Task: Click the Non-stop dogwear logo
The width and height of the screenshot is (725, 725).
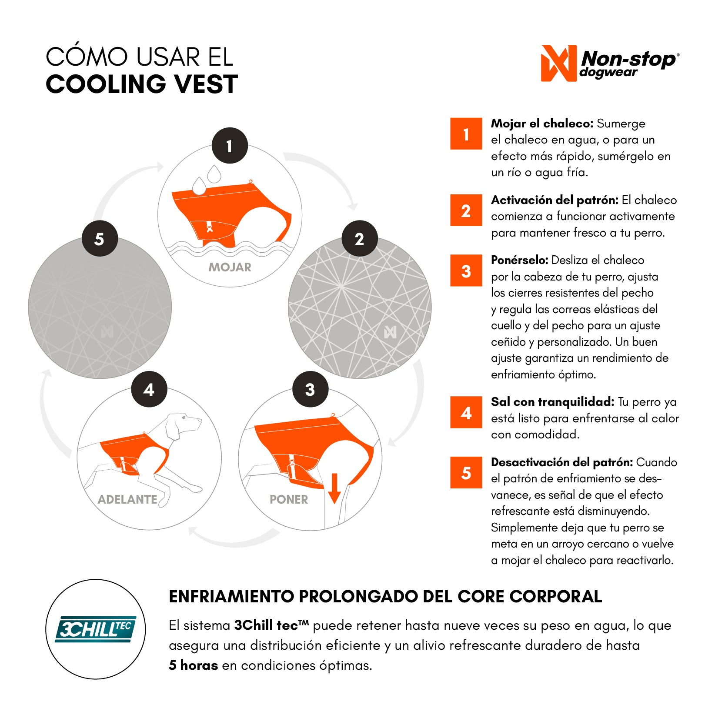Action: pyautogui.click(x=610, y=63)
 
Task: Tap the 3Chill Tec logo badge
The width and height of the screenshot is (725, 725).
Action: pyautogui.click(x=96, y=629)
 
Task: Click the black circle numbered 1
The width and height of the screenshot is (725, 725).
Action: pyautogui.click(x=230, y=146)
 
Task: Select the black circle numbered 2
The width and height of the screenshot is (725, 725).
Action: pyautogui.click(x=360, y=238)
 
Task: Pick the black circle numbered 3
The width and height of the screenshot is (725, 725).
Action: pyautogui.click(x=310, y=389)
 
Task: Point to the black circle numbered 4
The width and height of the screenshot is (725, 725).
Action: pyautogui.click(x=149, y=389)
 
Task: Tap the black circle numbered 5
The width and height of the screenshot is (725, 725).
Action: pyautogui.click(x=100, y=238)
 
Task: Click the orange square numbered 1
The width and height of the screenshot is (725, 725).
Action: pyautogui.click(x=466, y=134)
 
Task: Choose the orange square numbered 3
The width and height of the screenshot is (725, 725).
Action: pyautogui.click(x=466, y=271)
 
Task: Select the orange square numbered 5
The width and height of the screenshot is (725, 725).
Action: pyautogui.click(x=466, y=472)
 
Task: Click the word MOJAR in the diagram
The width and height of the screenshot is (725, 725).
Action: pyautogui.click(x=230, y=267)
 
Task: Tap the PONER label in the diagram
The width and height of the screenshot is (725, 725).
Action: pyautogui.click(x=289, y=499)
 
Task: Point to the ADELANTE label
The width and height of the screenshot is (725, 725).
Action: pyautogui.click(x=127, y=499)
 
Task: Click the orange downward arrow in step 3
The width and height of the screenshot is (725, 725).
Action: pyautogui.click(x=334, y=489)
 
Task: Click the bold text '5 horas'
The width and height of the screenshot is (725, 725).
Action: pyautogui.click(x=193, y=665)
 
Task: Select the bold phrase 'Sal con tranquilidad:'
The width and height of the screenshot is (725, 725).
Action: pyautogui.click(x=553, y=402)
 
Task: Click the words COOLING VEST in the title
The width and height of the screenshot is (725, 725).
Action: pyautogui.click(x=142, y=84)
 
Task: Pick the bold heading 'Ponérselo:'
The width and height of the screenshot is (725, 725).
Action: pyautogui.click(x=519, y=260)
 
